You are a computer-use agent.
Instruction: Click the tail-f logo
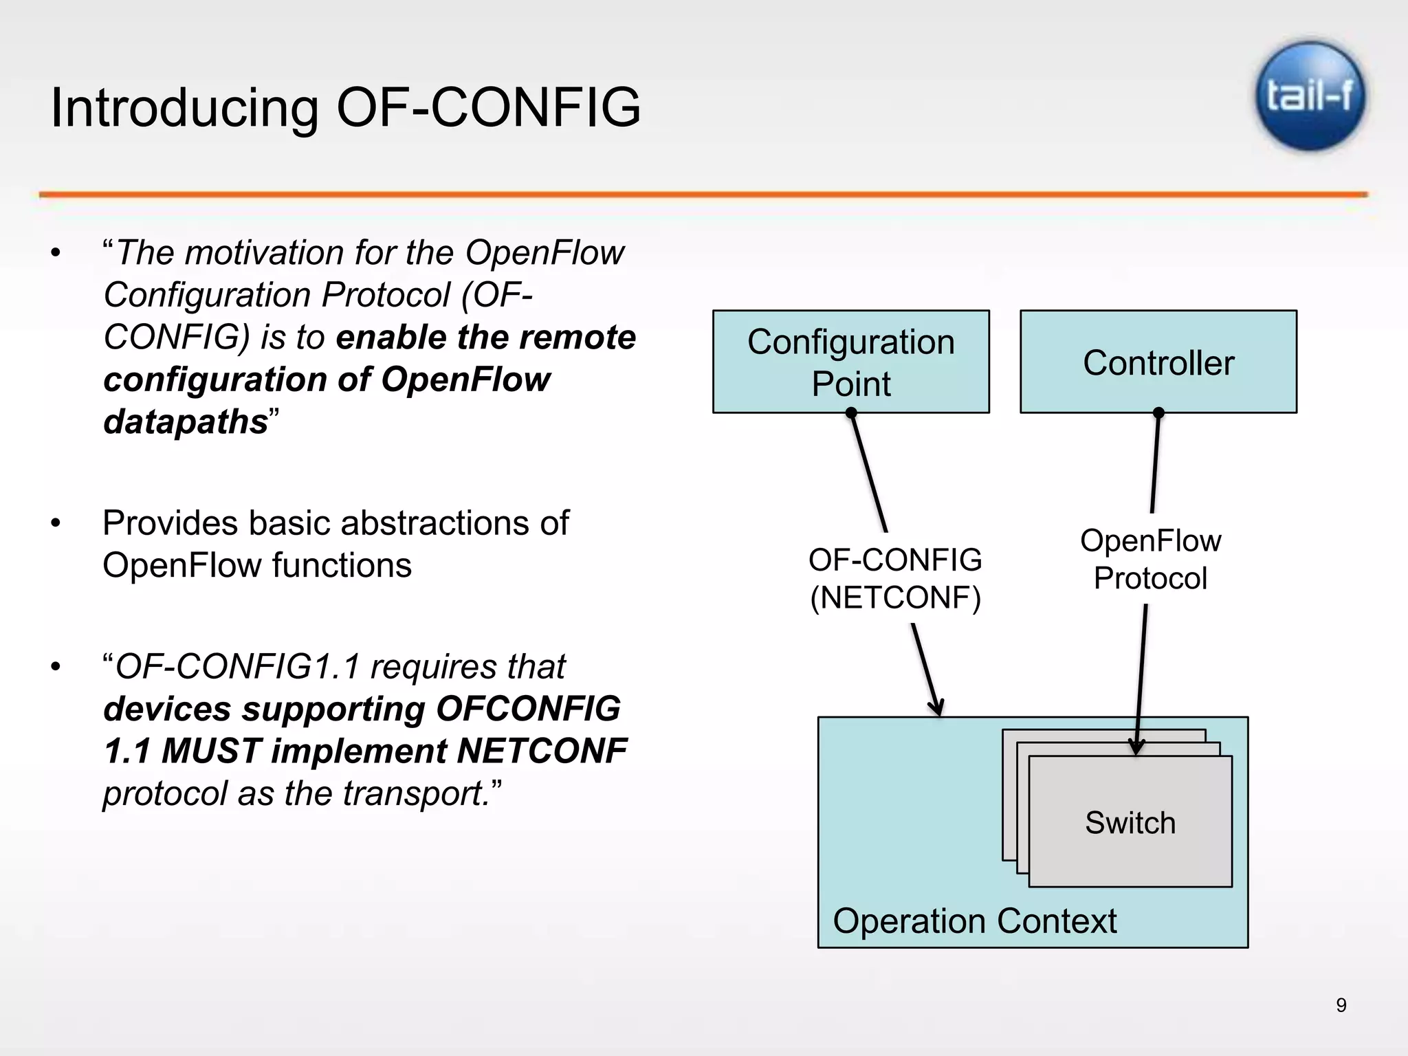pos(1310,96)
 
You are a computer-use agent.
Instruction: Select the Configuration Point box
pos(850,362)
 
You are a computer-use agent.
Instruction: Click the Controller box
pos(1158,362)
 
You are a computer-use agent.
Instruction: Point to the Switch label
pos(1130,822)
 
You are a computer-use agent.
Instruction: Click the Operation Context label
pos(974,921)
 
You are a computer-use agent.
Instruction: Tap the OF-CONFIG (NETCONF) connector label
pos(894,578)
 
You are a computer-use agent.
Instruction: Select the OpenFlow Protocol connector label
pos(1150,559)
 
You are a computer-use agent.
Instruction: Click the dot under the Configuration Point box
pos(851,412)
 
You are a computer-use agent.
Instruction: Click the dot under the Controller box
pos(1158,412)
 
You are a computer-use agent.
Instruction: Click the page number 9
pos(1341,1005)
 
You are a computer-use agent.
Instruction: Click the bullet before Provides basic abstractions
pos(56,524)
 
